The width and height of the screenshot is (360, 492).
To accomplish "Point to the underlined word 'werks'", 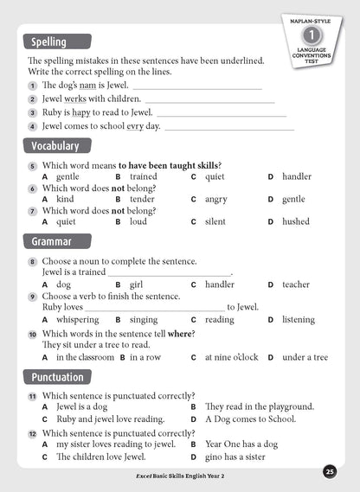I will tap(81, 99).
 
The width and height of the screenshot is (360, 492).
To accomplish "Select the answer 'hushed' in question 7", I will tap(296, 221).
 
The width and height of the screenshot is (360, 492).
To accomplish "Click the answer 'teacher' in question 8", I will tap(296, 284).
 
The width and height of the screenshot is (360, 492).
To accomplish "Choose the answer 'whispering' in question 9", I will tap(78, 319).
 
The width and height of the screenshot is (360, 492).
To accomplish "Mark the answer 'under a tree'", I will tap(305, 357).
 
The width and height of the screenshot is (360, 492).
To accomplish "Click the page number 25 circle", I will tap(330, 471).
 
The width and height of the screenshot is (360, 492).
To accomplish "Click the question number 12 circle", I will tap(32, 434).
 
